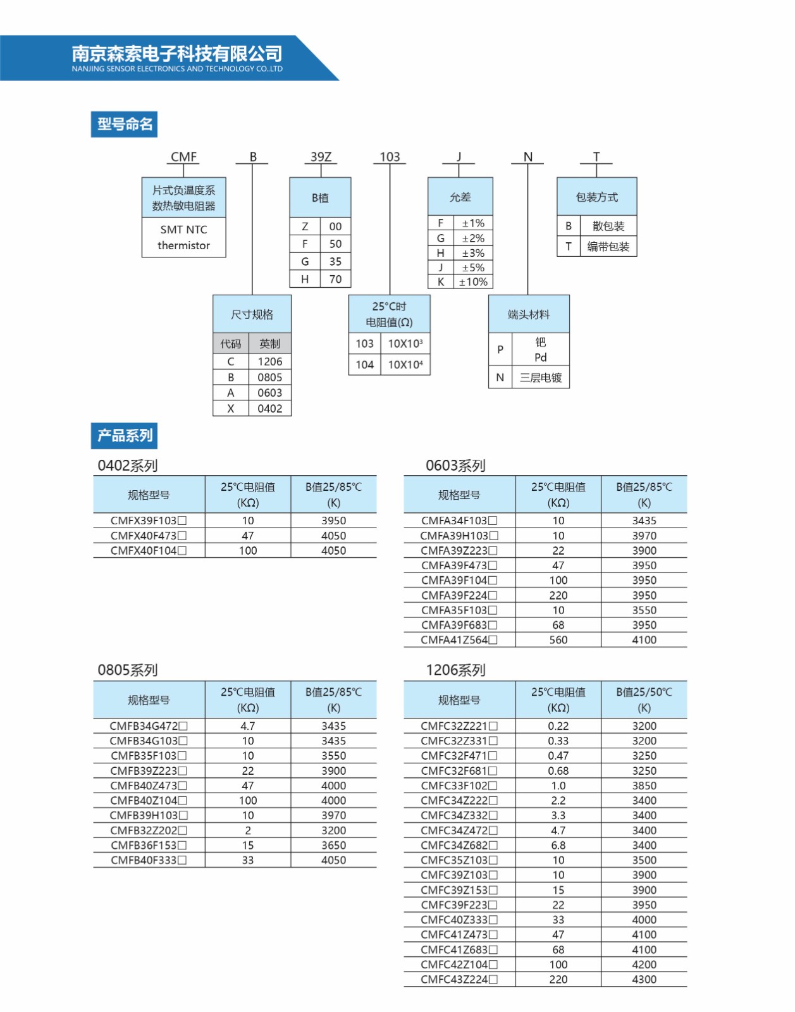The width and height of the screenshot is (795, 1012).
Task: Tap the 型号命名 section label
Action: tap(124, 125)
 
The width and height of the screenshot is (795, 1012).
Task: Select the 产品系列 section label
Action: tap(124, 435)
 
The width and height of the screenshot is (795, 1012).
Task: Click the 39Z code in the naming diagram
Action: tap(321, 156)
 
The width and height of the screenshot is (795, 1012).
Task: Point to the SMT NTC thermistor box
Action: tap(184, 237)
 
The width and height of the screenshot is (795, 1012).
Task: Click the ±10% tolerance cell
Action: tap(473, 281)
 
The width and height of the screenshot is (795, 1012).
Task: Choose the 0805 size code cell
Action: tap(270, 377)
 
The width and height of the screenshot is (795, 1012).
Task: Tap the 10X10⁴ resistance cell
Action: tap(405, 365)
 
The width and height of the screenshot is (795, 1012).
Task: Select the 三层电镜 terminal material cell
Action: tap(540, 377)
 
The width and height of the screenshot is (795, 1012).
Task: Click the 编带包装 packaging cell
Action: tap(608, 247)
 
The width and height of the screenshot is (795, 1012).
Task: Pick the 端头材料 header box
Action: tap(529, 314)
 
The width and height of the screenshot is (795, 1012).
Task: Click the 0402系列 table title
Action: tap(128, 466)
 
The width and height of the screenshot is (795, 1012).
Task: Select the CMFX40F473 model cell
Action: tap(149, 536)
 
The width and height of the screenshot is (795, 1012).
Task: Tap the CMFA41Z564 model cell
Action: tap(459, 640)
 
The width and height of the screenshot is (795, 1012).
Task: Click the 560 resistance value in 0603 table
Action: tap(558, 640)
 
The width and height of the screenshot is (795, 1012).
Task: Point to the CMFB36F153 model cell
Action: tap(149, 845)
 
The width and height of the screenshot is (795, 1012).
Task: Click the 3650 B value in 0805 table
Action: tap(334, 845)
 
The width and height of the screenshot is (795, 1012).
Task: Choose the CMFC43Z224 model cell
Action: tap(459, 979)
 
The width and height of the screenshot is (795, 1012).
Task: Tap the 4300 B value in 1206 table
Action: tap(644, 979)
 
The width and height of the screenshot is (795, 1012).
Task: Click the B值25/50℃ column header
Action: tap(644, 700)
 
